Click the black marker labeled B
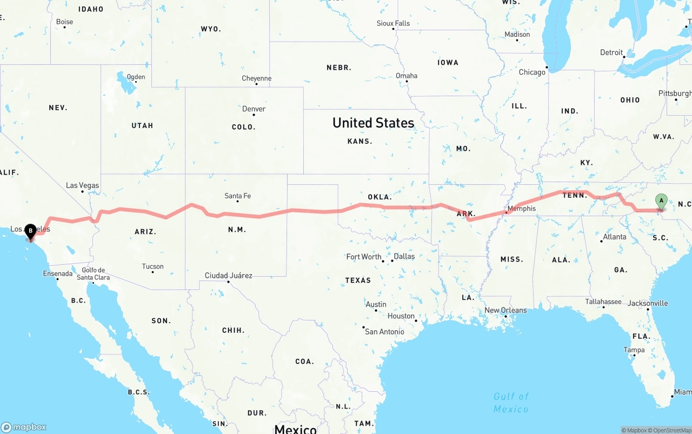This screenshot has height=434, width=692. (x=30, y=231)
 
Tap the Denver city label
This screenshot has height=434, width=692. (x=254, y=109)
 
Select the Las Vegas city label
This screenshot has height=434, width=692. (x=82, y=185)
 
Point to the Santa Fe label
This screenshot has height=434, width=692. (x=237, y=196)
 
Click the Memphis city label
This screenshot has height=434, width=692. (x=522, y=208)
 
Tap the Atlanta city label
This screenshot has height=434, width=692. (x=615, y=237)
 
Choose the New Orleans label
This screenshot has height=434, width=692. (x=505, y=310)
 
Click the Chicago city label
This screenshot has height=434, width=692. (x=532, y=72)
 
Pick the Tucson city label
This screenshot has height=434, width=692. (x=152, y=266)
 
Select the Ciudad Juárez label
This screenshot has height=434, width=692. (x=228, y=276)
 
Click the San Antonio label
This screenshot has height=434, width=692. (x=384, y=331)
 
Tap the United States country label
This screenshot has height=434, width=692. (x=373, y=123)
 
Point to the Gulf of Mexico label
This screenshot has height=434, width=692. (x=511, y=403)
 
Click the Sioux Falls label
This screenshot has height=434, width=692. (x=393, y=23)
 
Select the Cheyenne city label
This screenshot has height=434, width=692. (x=256, y=78)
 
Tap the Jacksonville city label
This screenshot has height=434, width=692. (x=647, y=303)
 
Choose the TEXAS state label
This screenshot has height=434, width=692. (x=358, y=280)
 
